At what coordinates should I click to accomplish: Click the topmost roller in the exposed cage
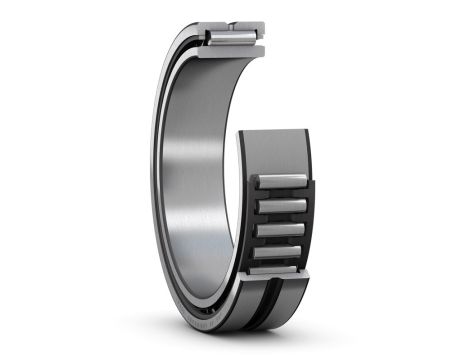(x=281, y=181)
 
